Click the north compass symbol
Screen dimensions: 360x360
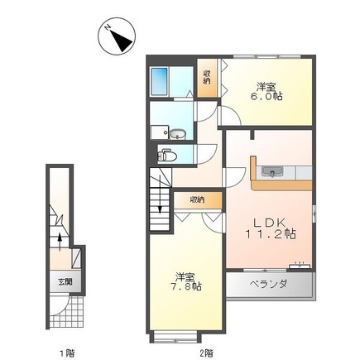(x=117, y=36)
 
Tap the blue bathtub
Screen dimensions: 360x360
(x=160, y=81)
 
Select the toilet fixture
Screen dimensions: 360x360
(x=167, y=156)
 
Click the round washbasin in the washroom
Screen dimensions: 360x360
(x=176, y=135)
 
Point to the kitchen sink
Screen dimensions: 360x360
(x=272, y=172)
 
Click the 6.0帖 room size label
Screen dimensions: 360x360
(x=266, y=96)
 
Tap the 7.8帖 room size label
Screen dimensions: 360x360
(x=185, y=286)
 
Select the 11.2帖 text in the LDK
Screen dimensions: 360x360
(x=271, y=234)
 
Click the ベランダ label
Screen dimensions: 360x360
(x=268, y=284)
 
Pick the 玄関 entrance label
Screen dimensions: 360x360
(x=65, y=282)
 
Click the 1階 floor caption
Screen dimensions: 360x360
(x=67, y=353)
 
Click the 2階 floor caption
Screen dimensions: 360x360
(x=206, y=353)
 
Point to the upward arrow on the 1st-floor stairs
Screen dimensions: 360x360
(x=60, y=242)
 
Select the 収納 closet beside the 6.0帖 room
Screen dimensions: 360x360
(x=207, y=78)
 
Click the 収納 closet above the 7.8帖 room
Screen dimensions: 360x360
(x=198, y=199)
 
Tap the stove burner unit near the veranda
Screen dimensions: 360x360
(x=300, y=266)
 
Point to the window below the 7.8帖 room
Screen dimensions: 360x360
(x=175, y=336)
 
